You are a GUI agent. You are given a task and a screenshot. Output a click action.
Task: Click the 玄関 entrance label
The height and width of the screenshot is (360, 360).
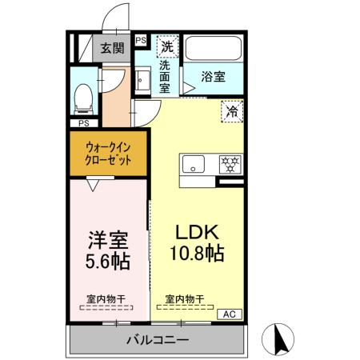point(112,48)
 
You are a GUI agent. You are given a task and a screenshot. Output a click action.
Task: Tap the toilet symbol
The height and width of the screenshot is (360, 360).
point(82,98)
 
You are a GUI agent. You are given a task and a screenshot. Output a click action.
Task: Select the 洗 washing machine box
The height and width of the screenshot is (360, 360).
point(166,46)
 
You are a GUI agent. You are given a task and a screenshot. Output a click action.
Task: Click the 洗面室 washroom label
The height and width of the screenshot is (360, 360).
point(166,77)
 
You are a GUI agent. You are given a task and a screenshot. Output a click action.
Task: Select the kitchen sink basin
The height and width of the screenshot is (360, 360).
point(194,165)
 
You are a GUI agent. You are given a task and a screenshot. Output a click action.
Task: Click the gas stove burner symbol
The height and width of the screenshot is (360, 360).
point(230,165)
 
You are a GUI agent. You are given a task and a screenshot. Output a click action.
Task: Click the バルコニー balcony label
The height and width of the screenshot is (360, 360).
point(157,340)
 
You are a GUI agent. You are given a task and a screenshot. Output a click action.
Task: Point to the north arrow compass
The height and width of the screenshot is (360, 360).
point(279,338)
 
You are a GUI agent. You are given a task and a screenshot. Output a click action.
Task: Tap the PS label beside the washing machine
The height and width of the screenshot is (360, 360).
point(141,40)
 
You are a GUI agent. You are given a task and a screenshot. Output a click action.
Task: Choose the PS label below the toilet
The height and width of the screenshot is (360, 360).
point(83,124)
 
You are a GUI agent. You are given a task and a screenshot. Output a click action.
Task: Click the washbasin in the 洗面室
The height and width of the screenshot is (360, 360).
point(142,81)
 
